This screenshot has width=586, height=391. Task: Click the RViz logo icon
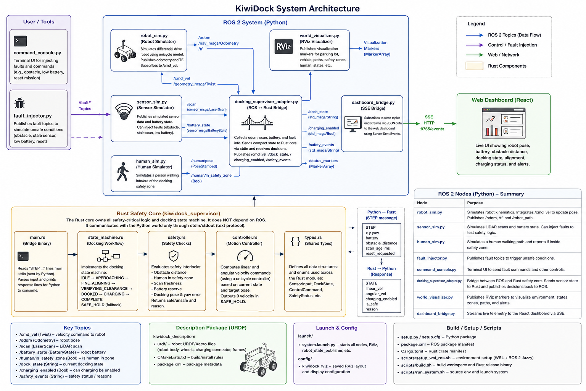(283, 47)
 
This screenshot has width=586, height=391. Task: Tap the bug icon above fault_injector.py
(19, 103)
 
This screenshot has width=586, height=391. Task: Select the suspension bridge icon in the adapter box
(257, 123)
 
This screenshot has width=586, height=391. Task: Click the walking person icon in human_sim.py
(122, 172)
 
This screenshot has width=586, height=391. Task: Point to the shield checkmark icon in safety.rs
(174, 256)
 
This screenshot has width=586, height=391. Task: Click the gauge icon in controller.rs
(245, 256)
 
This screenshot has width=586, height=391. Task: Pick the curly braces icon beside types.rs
(296, 241)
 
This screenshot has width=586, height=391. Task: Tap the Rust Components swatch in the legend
(474, 66)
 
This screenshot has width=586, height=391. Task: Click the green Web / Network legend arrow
(474, 55)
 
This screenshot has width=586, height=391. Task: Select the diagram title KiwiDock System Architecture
(298, 8)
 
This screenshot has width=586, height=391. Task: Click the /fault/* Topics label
(85, 105)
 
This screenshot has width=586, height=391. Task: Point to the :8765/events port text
(431, 129)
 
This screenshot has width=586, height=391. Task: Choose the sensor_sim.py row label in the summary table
(431, 227)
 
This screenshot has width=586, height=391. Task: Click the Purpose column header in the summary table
(475, 203)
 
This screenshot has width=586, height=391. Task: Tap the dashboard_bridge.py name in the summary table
(436, 313)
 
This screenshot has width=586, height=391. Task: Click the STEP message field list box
(382, 240)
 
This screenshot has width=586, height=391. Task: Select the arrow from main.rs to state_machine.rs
(72, 254)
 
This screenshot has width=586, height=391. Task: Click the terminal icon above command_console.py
(20, 41)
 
